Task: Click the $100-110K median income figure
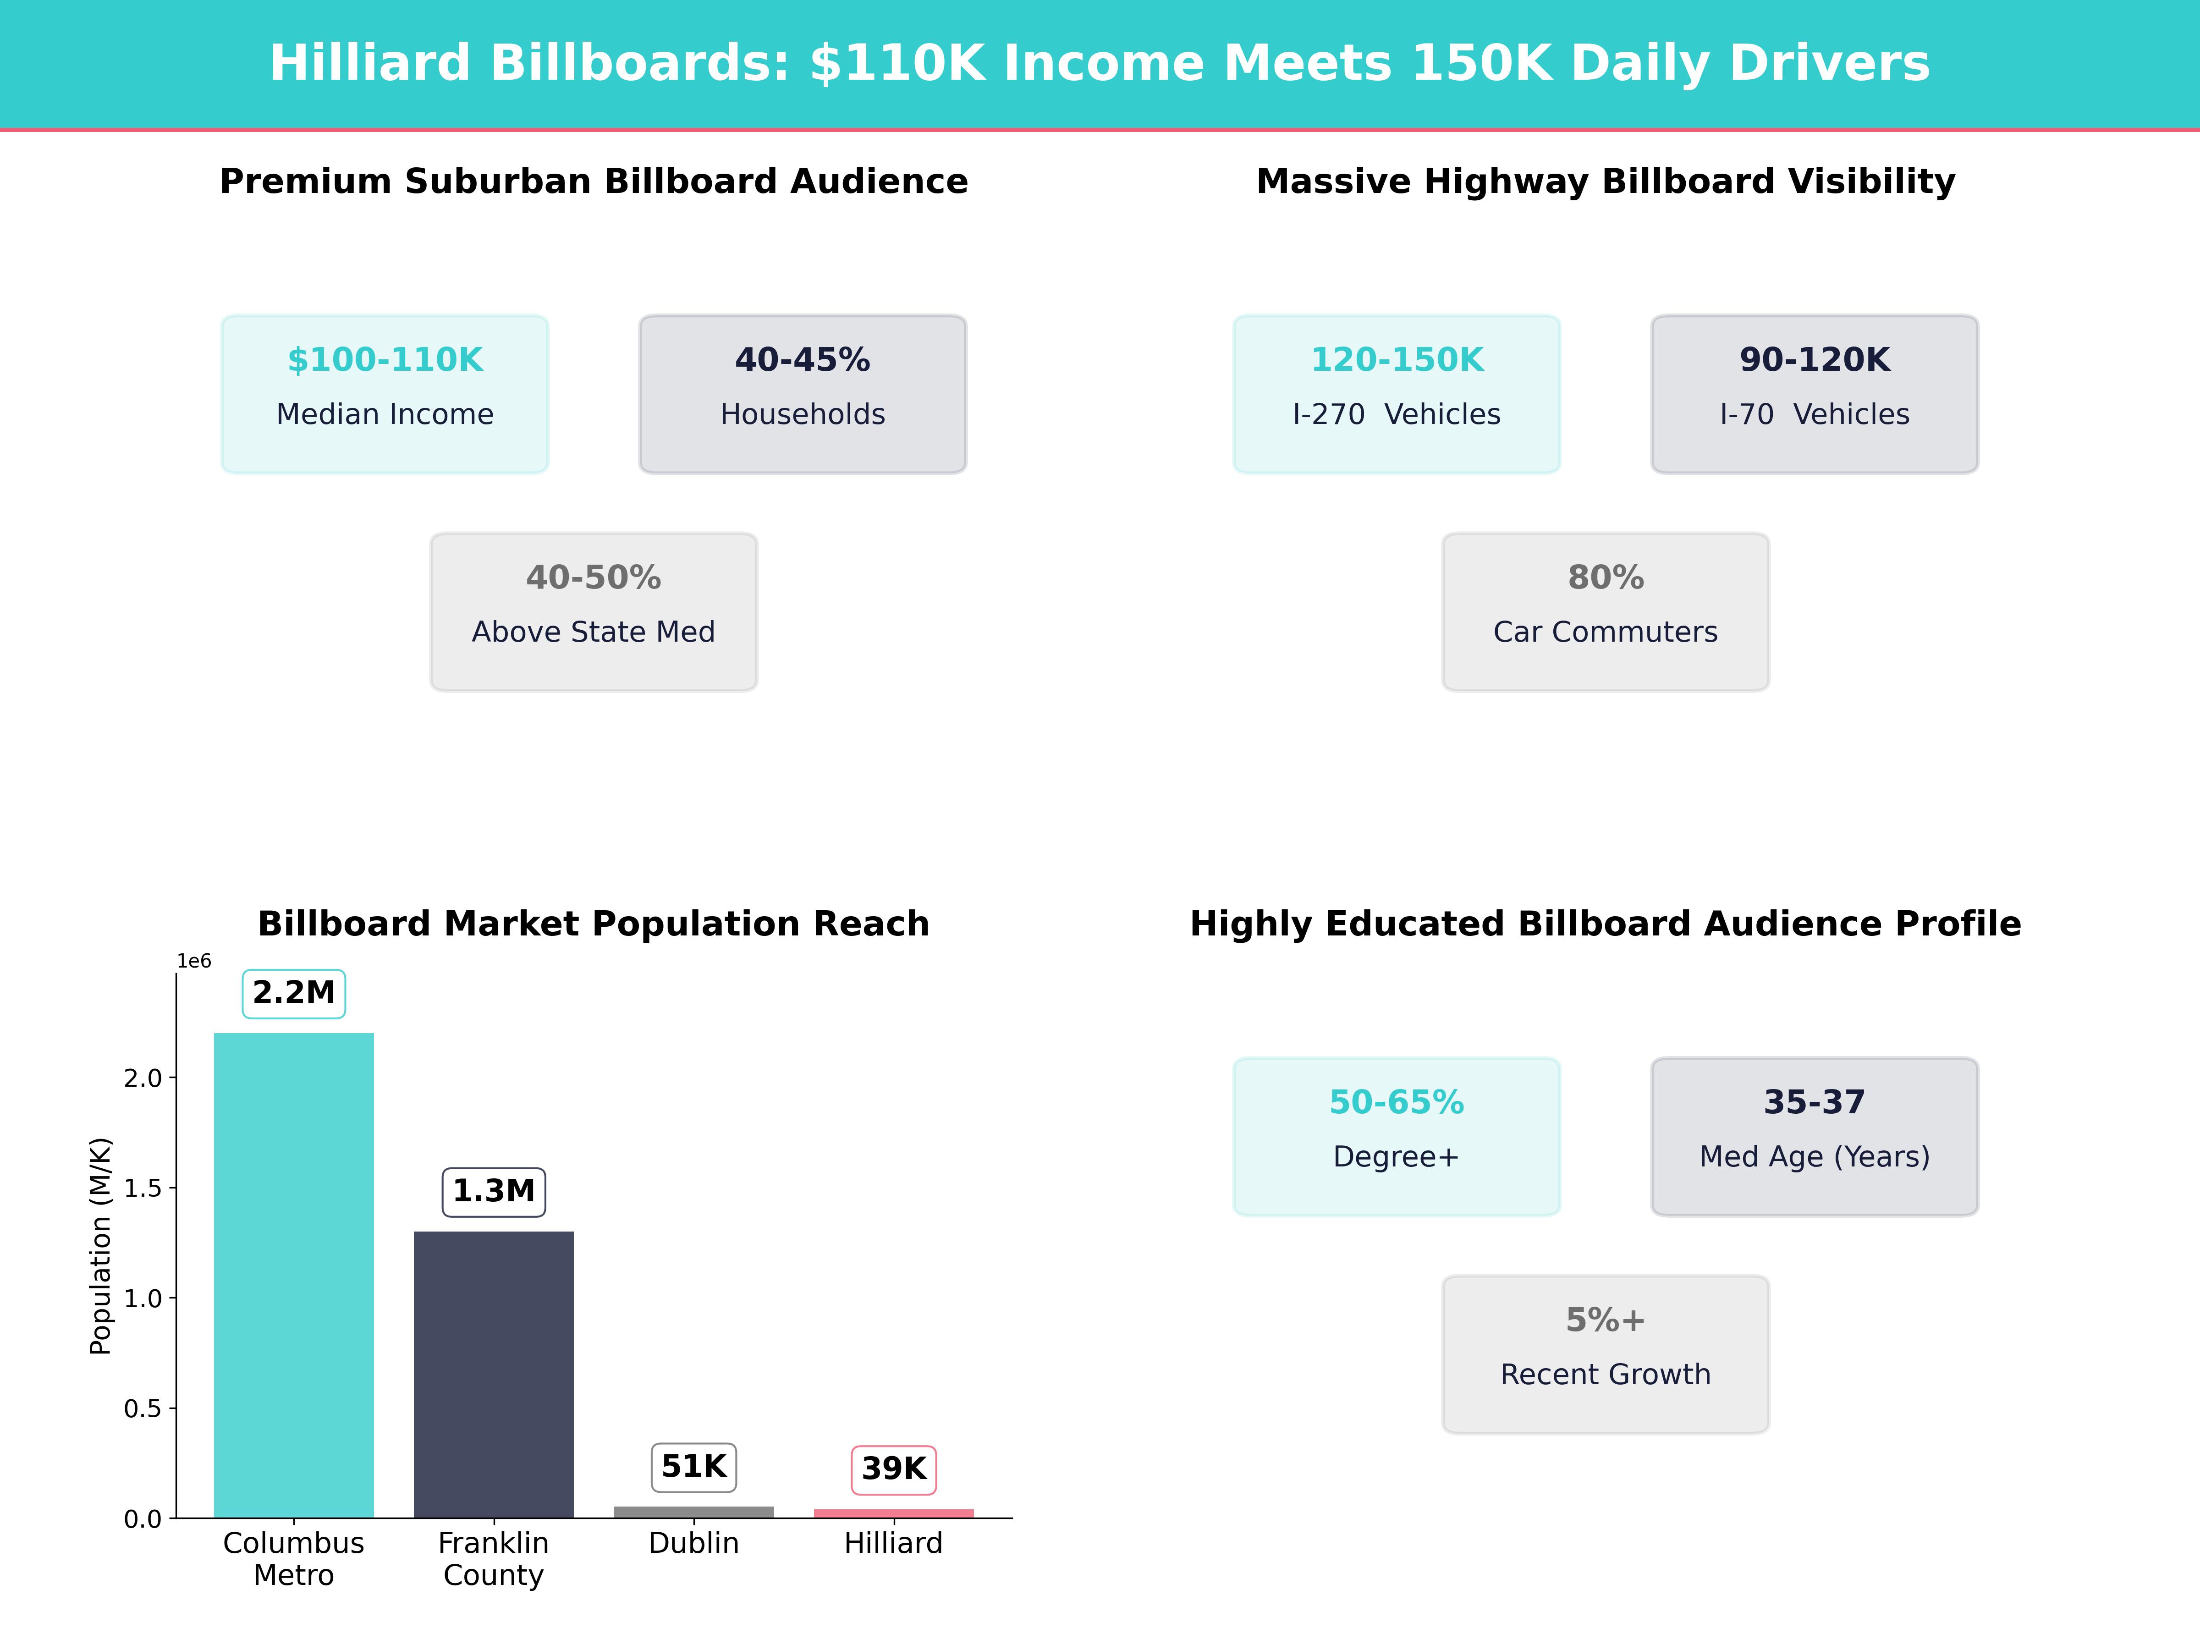(385, 360)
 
